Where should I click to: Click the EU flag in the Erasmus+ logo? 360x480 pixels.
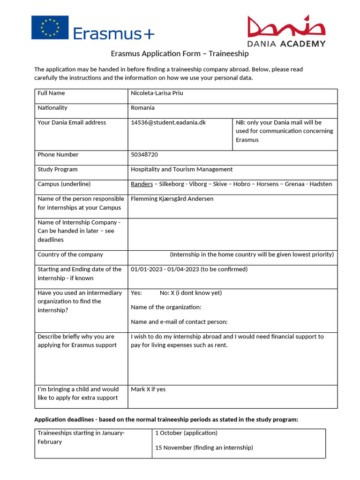coord(50,27)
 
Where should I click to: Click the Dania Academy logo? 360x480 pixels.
coord(286,31)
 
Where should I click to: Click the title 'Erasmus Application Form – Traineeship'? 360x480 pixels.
coord(180,53)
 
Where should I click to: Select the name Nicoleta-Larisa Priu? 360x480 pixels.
coord(157,93)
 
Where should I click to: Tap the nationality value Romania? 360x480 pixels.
coord(142,108)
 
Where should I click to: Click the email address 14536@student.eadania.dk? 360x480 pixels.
coord(168,123)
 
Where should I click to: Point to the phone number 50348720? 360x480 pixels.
coord(145,155)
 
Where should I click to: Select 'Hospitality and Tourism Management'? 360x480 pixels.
coord(181,170)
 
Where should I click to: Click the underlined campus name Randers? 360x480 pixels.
coord(142,184)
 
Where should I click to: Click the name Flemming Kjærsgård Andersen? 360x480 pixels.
coord(172,199)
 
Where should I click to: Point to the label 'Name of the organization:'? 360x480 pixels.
coord(166,307)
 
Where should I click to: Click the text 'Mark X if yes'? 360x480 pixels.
coord(148,390)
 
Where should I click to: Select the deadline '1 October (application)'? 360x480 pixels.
coord(186,433)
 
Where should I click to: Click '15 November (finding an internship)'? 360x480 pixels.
coord(204,448)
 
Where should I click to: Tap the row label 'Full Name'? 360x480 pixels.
coord(51,93)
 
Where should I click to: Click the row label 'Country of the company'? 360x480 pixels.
coord(70,255)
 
